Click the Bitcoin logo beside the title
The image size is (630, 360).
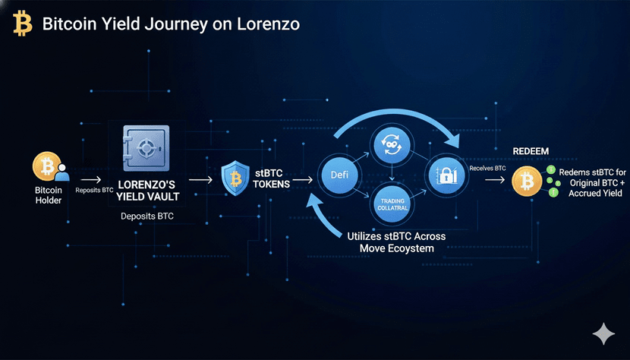[23, 24]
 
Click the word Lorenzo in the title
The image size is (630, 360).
[269, 24]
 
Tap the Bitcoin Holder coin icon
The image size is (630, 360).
[47, 167]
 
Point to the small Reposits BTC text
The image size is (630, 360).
[94, 190]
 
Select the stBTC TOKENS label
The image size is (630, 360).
[272, 178]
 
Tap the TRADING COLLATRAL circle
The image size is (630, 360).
[391, 204]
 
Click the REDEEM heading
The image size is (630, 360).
[531, 151]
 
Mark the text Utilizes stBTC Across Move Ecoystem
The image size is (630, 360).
[396, 242]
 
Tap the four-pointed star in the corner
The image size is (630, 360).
[604, 333]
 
